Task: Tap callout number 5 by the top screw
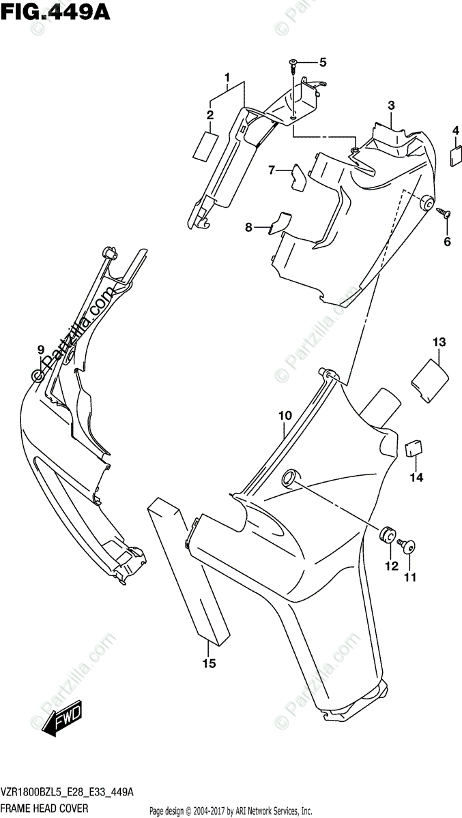(322, 63)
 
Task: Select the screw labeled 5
(293, 64)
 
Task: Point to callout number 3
(391, 105)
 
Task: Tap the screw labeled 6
(444, 213)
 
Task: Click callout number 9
(41, 350)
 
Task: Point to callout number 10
(285, 415)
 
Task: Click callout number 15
(209, 663)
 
